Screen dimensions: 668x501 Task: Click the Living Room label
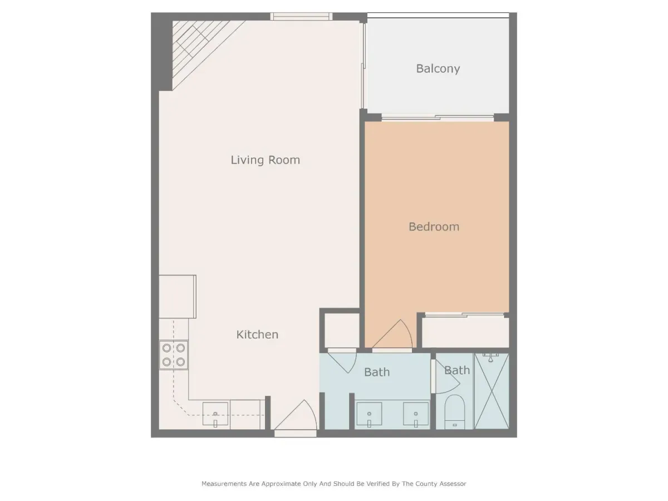265,160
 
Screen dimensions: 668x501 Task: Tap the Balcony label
438,68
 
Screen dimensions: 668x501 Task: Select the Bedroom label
434,227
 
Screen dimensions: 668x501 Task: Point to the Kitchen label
257,335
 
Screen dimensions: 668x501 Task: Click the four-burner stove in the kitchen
174,355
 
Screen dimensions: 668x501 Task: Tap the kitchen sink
215,415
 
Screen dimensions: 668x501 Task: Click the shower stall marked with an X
492,391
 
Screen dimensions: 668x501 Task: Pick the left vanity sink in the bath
369,414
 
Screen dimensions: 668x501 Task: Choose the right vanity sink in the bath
416,414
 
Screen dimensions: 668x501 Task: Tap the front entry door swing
296,415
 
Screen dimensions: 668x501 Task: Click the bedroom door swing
392,334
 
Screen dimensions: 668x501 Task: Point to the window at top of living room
301,17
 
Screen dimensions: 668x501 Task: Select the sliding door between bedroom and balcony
438,117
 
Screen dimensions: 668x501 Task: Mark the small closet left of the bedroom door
342,330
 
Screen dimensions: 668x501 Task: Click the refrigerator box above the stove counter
178,297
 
